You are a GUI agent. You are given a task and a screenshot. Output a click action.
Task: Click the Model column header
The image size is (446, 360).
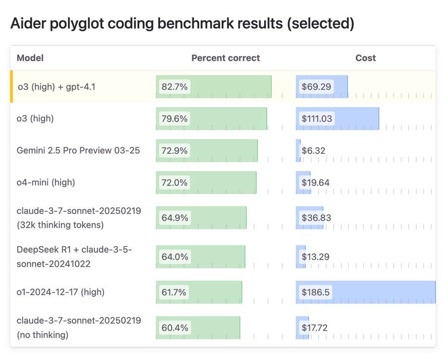pos(30,58)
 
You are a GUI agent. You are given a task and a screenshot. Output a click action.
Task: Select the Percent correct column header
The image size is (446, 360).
pos(225,58)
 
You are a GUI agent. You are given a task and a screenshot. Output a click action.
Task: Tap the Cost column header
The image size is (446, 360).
pos(366,58)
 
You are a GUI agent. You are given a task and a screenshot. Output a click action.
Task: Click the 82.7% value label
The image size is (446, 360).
pos(174,86)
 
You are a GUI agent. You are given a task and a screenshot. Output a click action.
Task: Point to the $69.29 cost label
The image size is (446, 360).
pos(316,86)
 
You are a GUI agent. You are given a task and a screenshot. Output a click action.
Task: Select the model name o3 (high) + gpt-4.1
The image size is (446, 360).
pos(56,86)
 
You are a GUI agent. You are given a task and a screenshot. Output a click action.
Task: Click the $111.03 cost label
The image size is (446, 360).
pos(317,119)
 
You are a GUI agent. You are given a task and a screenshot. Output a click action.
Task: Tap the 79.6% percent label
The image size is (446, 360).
pos(174,119)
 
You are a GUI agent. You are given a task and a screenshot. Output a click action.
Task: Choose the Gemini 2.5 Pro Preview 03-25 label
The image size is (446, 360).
pos(78,150)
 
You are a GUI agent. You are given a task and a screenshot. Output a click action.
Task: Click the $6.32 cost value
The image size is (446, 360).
pos(313,151)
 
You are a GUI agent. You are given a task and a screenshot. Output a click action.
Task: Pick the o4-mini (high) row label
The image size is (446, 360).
pos(46,182)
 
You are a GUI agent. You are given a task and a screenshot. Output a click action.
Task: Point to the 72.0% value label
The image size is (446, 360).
pos(174,182)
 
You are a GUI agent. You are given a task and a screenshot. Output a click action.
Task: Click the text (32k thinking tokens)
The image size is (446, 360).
pos(60,225)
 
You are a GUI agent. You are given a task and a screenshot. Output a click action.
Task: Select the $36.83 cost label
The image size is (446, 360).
pos(316,218)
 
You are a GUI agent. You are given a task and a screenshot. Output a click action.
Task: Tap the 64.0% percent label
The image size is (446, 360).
pos(174,257)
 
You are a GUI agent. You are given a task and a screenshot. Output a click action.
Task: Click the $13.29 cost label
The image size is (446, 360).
pos(316,257)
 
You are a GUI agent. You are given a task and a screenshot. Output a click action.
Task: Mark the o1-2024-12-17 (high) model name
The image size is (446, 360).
pos(60,292)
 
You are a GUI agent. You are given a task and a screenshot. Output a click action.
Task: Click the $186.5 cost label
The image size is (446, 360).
pos(316,292)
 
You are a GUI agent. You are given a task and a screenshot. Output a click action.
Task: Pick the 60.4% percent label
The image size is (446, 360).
pos(174,328)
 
